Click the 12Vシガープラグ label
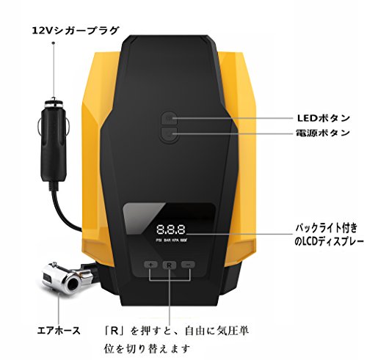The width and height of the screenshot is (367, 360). click(76, 31)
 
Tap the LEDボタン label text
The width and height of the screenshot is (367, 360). click(324, 118)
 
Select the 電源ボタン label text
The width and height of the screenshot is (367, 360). click(323, 133)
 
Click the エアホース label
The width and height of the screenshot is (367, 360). click(59, 331)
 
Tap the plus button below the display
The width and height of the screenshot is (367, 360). click(151, 265)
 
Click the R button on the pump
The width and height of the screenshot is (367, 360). click(170, 265)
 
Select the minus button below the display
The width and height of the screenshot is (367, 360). click(188, 265)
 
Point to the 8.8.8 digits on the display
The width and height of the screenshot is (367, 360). click(171, 229)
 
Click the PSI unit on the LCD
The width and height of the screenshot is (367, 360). click(159, 240)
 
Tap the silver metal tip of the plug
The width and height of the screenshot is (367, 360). click(54, 102)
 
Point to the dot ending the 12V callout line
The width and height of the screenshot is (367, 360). click(54, 43)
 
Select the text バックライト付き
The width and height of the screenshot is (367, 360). click(327, 228)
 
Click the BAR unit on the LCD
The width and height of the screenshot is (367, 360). click(167, 240)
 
